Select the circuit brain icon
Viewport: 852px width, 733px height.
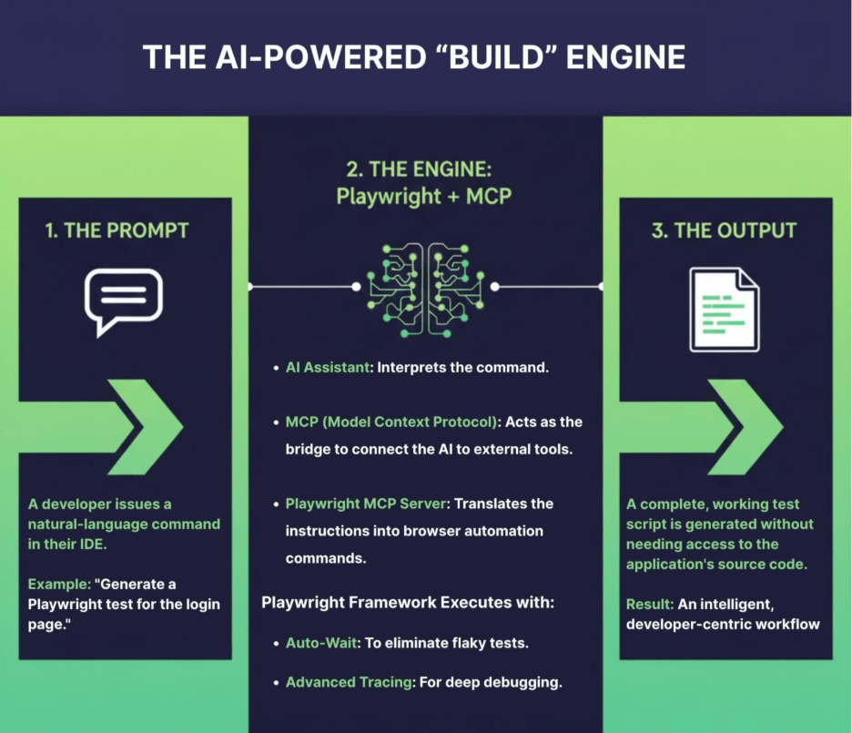425,285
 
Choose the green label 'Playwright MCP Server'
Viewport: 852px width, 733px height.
369,504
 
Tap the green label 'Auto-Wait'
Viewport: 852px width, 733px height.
322,643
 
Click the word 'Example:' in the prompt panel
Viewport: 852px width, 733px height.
57,584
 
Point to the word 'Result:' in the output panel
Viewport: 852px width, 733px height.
648,604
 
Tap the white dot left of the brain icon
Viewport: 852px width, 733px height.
356,286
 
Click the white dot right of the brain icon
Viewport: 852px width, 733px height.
494,286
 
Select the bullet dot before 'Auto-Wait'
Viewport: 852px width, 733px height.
276,644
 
